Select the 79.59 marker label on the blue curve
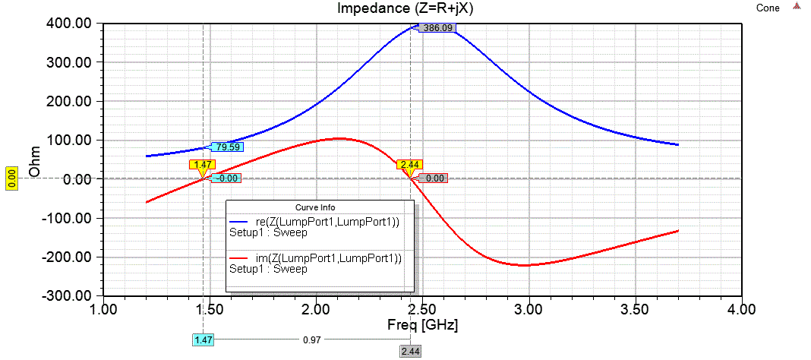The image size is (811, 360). tap(228, 147)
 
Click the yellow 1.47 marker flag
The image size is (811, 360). tap(203, 164)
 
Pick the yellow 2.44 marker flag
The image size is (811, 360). tap(410, 164)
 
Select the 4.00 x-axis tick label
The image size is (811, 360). tap(740, 310)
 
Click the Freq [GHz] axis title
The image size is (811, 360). tap(422, 325)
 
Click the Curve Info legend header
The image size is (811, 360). tap(320, 207)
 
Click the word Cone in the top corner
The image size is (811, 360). tap(768, 8)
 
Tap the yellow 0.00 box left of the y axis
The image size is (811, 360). tap(11, 172)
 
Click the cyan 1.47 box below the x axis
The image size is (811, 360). tap(204, 340)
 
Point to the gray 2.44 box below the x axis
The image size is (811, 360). tap(410, 351)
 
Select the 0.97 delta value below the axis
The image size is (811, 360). tap(311, 340)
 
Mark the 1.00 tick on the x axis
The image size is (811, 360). tap(103, 310)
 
